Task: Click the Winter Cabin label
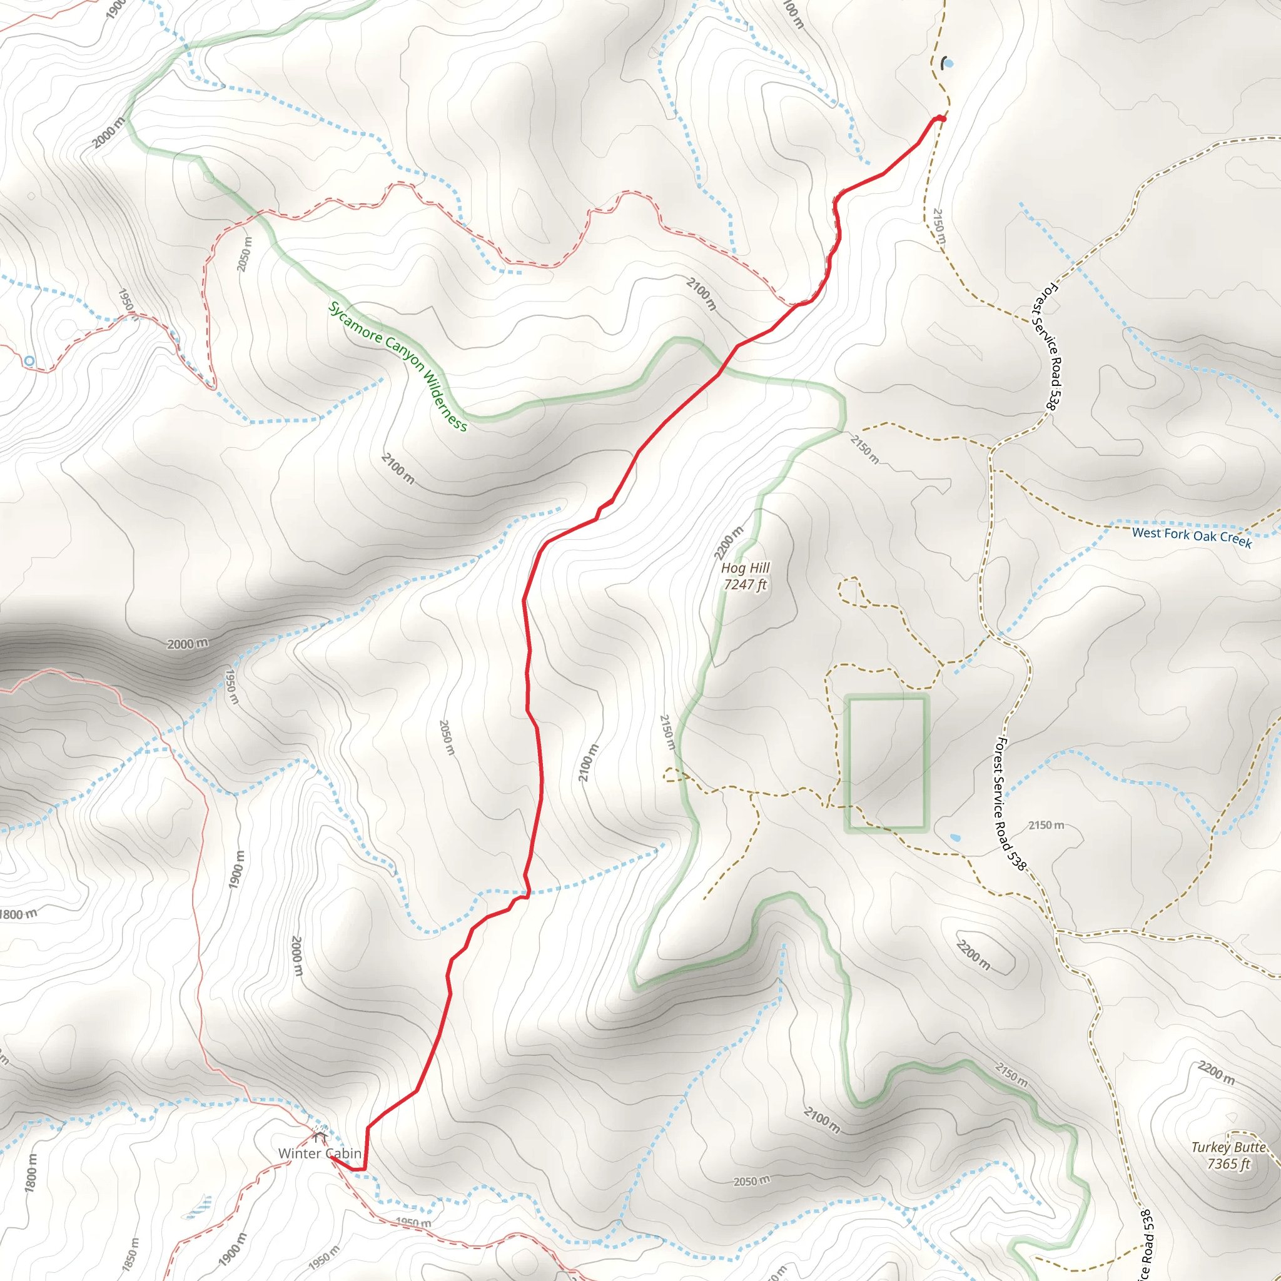[320, 1153]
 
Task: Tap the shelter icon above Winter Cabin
[320, 1137]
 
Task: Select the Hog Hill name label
[745, 567]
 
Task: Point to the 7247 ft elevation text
[745, 584]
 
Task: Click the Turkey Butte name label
[1228, 1147]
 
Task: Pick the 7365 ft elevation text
[1228, 1163]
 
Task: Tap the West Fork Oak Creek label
[1192, 537]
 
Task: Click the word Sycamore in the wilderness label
[355, 322]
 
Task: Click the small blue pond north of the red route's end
[948, 64]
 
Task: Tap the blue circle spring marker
[29, 361]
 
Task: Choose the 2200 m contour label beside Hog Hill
[729, 543]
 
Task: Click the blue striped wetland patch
[200, 1207]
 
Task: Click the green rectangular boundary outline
[925, 762]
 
